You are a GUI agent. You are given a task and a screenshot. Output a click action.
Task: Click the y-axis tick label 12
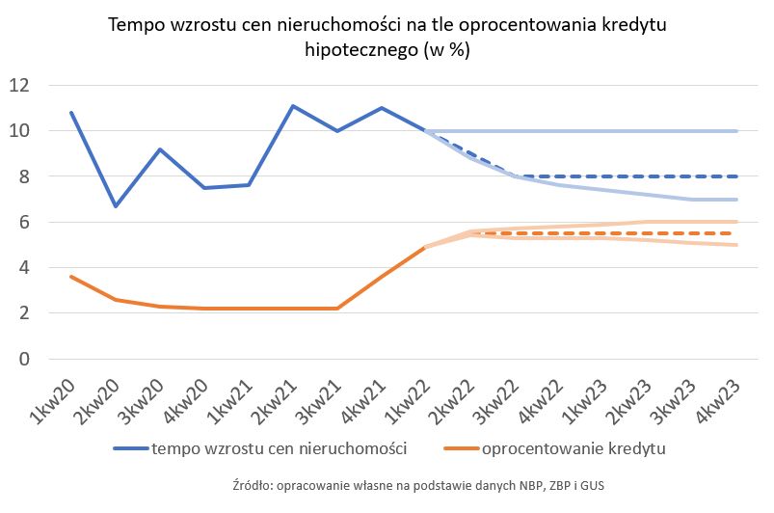tap(19, 85)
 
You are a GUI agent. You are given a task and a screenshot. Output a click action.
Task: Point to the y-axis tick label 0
tap(24, 360)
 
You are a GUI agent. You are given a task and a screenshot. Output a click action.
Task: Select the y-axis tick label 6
tap(24, 222)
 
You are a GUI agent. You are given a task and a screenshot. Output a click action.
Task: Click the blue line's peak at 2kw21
tap(293, 106)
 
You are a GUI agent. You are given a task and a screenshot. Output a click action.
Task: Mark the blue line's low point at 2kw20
tap(116, 206)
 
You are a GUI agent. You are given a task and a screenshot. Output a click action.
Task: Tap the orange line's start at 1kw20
tap(71, 277)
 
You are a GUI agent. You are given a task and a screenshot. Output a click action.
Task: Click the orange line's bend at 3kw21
tap(337, 309)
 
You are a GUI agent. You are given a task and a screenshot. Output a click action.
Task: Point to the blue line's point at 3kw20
tap(160, 149)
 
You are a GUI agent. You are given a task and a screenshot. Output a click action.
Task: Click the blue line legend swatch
tap(130, 448)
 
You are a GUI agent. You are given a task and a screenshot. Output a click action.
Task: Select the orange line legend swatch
tap(459, 448)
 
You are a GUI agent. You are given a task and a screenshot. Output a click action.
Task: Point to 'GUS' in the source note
tap(591, 484)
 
